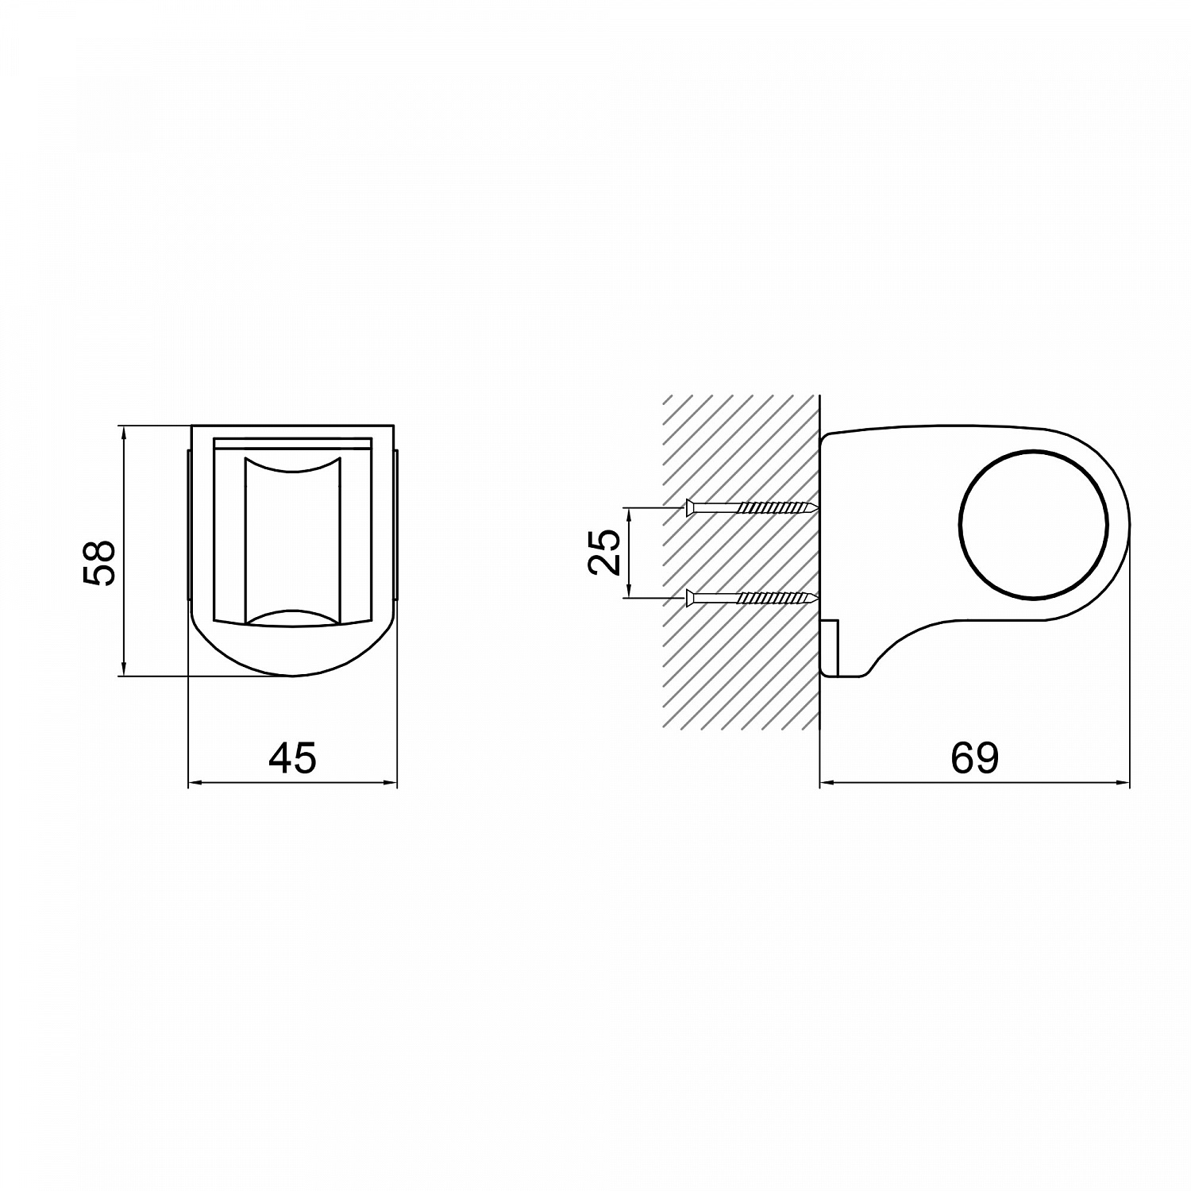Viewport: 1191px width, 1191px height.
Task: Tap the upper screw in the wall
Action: [x=751, y=507]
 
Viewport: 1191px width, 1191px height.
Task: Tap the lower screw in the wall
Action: [x=751, y=597]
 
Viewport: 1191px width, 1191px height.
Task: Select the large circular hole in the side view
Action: [x=1033, y=523]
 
